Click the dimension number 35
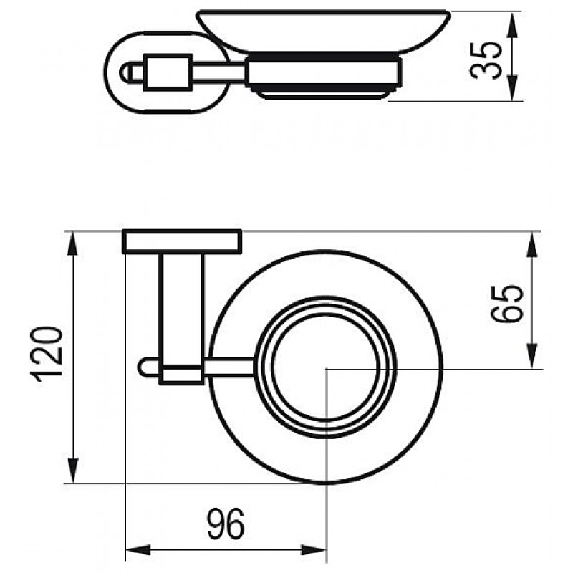(486, 60)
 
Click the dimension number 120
(48, 355)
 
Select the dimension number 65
(507, 303)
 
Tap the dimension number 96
(226, 524)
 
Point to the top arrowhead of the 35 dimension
(513, 24)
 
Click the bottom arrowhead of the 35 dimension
(513, 88)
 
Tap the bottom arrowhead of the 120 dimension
(74, 471)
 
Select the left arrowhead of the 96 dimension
(138, 550)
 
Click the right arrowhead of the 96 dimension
(313, 550)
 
